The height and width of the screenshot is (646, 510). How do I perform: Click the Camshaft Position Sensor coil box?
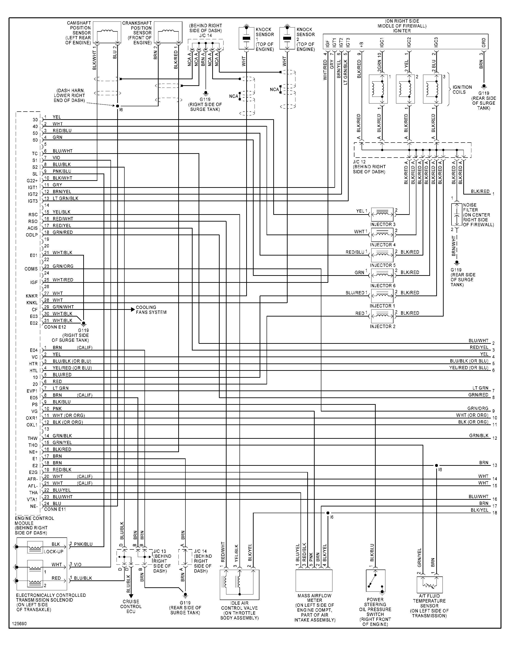tap(107, 33)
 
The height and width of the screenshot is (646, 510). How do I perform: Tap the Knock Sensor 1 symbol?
tap(246, 38)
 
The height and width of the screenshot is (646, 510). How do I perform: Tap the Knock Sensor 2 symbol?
tap(287, 38)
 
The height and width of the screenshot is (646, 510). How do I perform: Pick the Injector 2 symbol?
tap(382, 316)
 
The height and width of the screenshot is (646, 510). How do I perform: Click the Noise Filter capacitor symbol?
tap(456, 215)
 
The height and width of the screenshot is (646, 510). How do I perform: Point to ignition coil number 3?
tap(432, 89)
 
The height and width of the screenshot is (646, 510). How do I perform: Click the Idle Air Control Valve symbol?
tap(239, 585)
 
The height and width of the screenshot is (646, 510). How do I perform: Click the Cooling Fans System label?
tap(151, 310)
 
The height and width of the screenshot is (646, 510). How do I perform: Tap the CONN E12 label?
tap(55, 327)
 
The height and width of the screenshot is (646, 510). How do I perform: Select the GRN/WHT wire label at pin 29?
tap(63, 307)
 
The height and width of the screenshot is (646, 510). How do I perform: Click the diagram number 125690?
tap(19, 624)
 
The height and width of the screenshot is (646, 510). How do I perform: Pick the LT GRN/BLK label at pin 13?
tap(65, 198)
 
